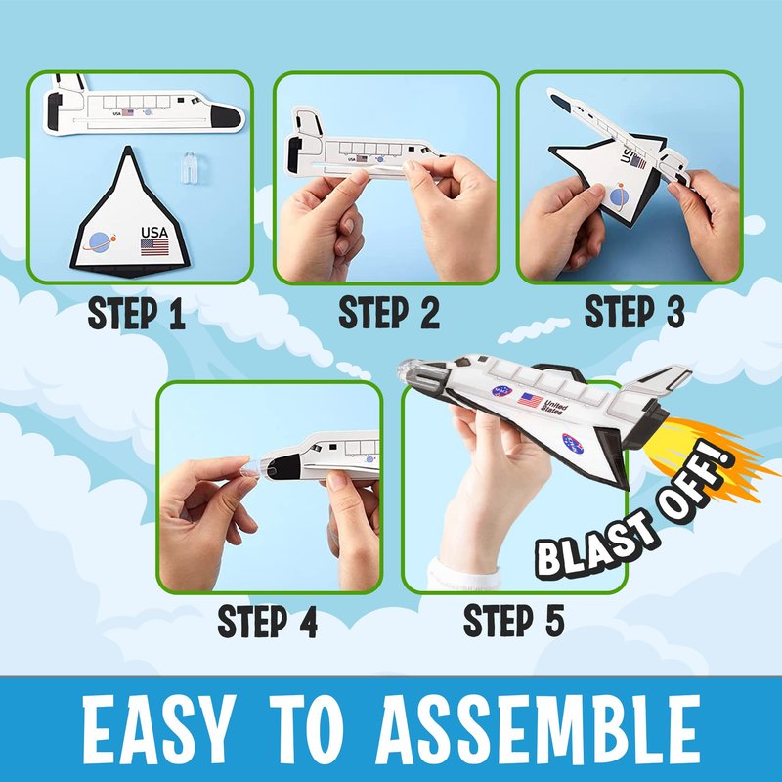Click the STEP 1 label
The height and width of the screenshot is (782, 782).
[136, 314]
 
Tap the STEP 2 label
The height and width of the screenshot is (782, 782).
[389, 313]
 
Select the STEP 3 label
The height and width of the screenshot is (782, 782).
[634, 312]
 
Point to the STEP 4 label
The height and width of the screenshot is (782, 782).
[267, 622]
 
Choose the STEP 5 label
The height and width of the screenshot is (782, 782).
[514, 621]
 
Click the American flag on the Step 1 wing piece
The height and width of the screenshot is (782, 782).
[154, 247]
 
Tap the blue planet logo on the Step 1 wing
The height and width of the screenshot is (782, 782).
[100, 241]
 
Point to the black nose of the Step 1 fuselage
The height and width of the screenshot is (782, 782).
[226, 117]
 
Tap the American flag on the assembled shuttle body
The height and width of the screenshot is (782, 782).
[530, 400]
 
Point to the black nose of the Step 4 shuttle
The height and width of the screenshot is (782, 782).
[283, 468]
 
